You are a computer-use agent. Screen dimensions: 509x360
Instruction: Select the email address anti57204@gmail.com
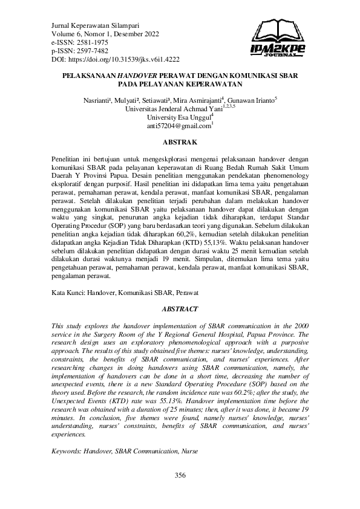click(x=178, y=126)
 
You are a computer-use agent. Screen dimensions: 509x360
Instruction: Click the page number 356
click(x=180, y=476)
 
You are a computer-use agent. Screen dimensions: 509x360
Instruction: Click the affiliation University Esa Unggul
click(x=178, y=118)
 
